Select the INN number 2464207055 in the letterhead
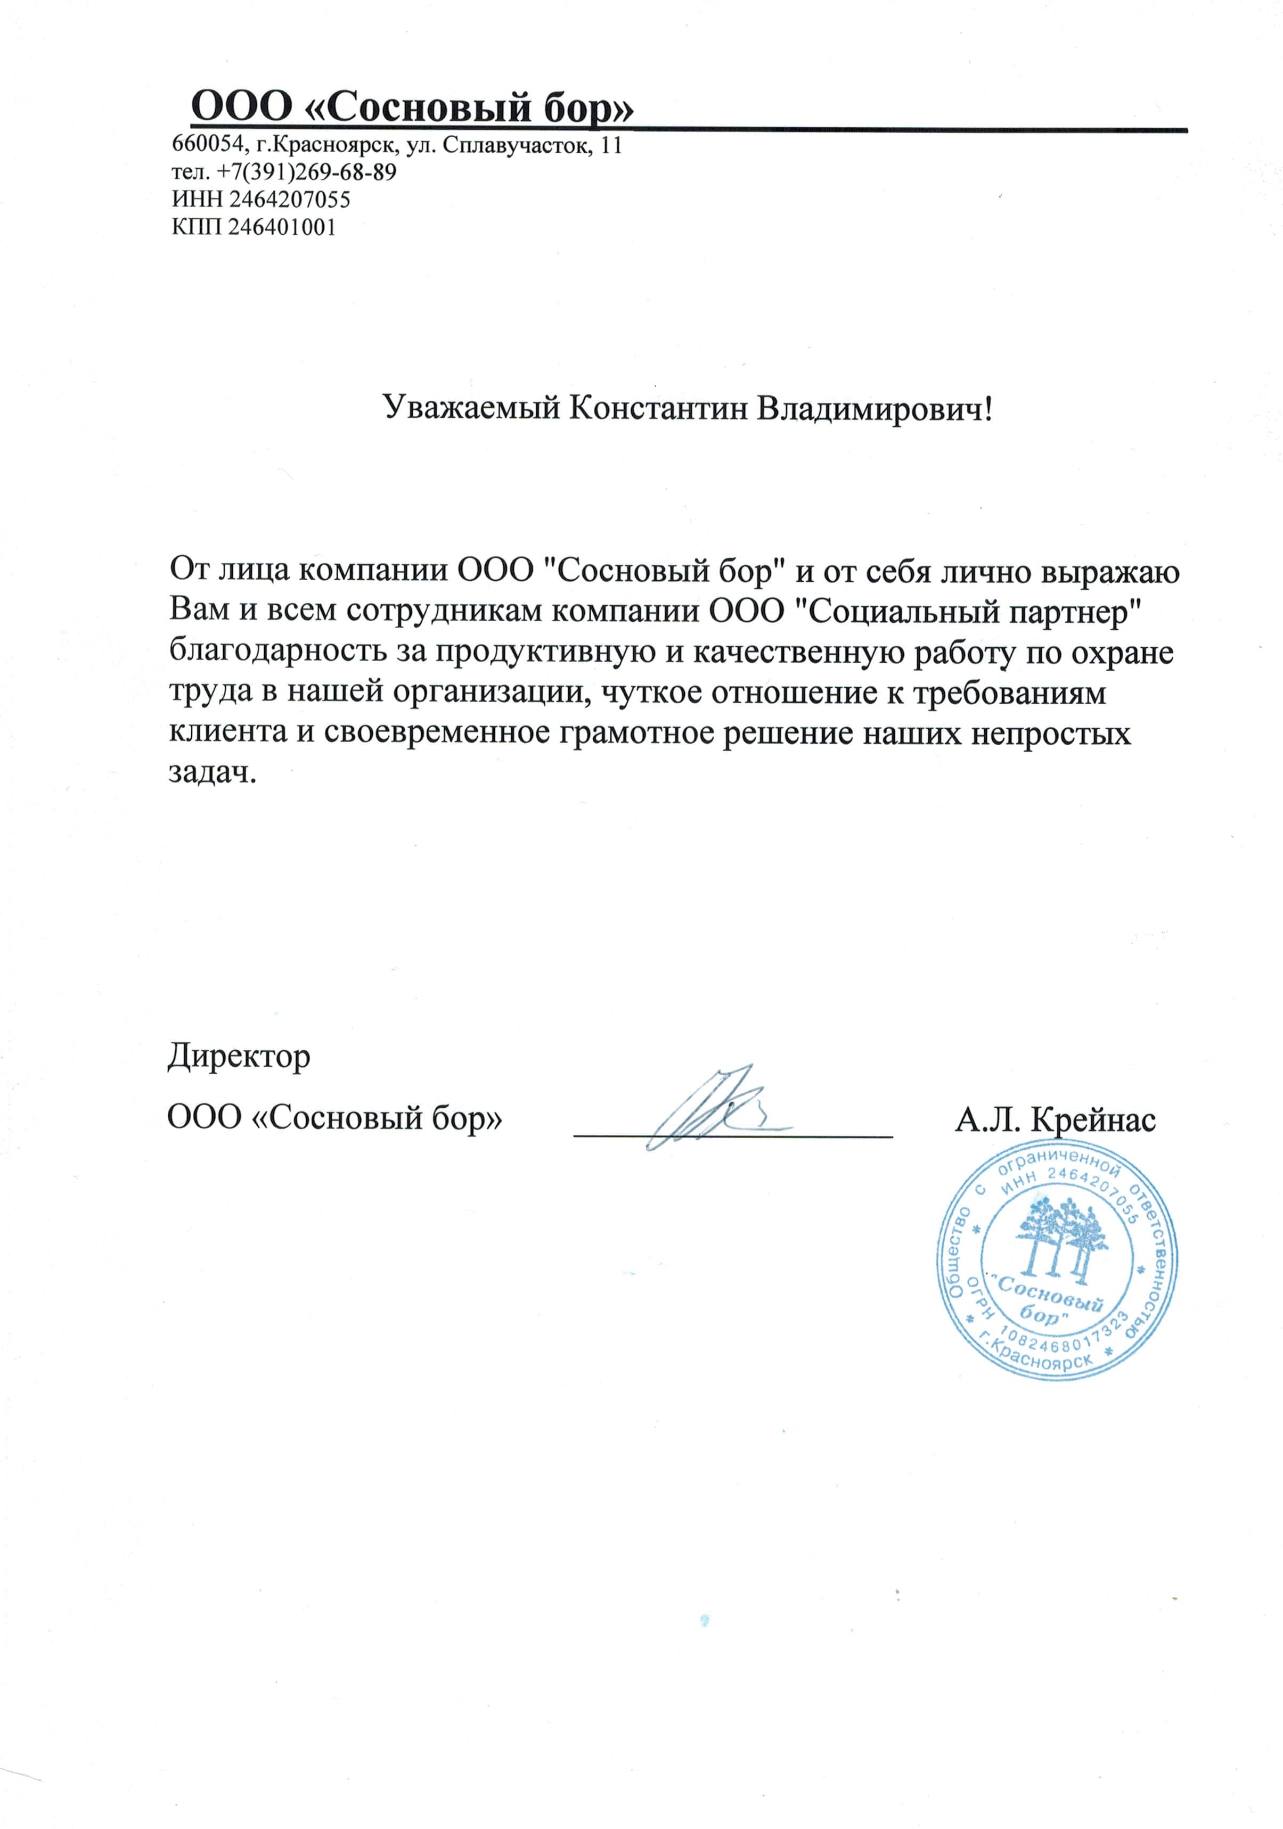click(x=289, y=199)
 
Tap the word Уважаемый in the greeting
click(x=471, y=409)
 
